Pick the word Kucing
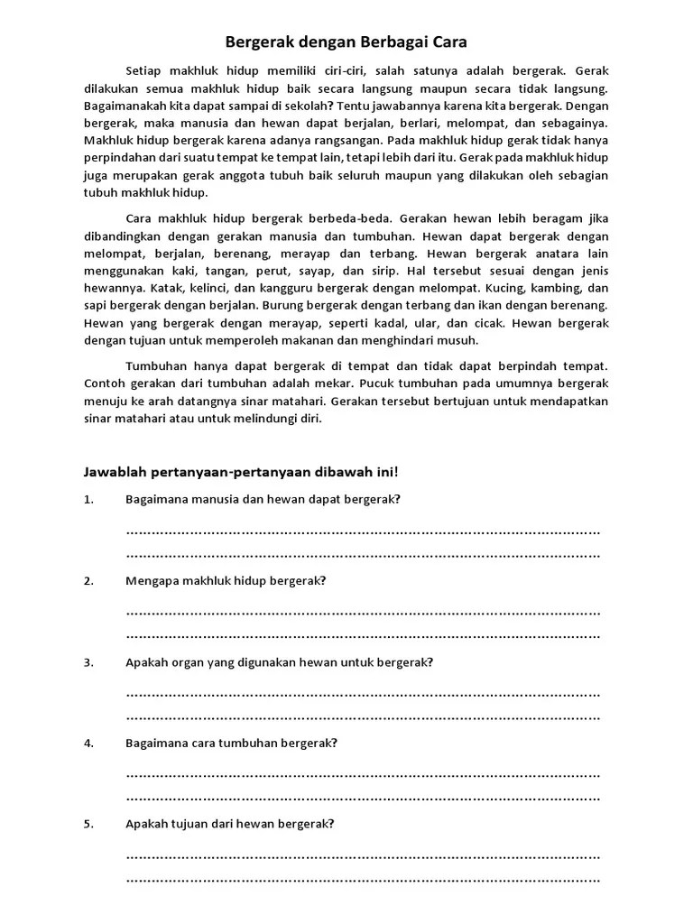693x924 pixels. (x=509, y=289)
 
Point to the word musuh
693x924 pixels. (x=458, y=340)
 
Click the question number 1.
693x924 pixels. (x=88, y=499)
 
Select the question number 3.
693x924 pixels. (x=88, y=661)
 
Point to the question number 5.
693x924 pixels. (x=88, y=824)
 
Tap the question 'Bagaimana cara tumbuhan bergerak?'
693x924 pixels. (x=231, y=743)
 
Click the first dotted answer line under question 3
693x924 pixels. (x=363, y=695)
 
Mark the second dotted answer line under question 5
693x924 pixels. (x=363, y=879)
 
